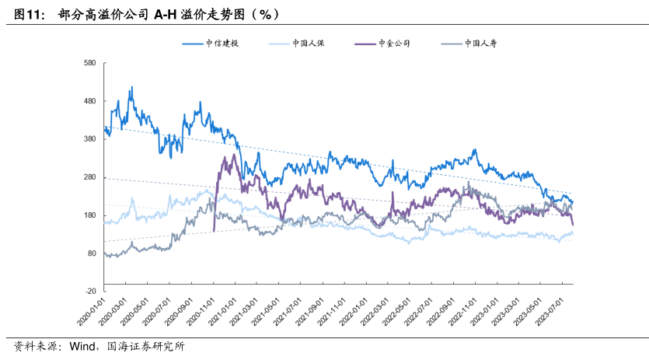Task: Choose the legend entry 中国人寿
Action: pyautogui.click(x=480, y=44)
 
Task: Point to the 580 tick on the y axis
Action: pyautogui.click(x=89, y=63)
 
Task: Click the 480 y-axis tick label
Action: pyautogui.click(x=89, y=101)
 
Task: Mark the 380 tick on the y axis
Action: pyautogui.click(x=89, y=139)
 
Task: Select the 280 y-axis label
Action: pyautogui.click(x=89, y=177)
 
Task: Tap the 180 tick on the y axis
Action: pyautogui.click(x=89, y=215)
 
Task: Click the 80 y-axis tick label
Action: pyautogui.click(x=91, y=253)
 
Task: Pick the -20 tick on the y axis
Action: pyautogui.click(x=90, y=291)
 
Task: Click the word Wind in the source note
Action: pyautogui.click(x=82, y=347)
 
